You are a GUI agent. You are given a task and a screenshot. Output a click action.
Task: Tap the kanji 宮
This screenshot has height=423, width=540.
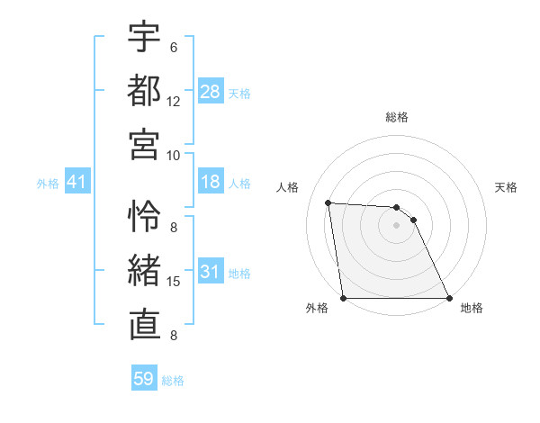144,143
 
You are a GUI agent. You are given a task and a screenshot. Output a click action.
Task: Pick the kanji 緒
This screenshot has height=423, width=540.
144,269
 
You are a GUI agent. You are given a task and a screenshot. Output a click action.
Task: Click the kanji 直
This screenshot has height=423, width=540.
144,323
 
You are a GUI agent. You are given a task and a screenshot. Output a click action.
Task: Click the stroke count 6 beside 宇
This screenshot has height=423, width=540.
174,48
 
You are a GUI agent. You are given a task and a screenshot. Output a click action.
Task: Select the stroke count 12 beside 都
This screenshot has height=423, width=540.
174,101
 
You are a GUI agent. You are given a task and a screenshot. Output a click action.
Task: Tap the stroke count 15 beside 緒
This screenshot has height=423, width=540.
174,282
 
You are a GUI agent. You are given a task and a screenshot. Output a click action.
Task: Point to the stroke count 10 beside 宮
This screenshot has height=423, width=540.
174,154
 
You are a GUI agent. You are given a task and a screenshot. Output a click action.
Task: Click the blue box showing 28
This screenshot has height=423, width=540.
211,91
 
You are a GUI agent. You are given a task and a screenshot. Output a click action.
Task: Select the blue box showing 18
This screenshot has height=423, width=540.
211,182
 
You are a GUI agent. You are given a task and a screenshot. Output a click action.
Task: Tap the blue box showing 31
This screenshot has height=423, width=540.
211,272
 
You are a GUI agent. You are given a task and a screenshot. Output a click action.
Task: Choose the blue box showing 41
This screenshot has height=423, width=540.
76,182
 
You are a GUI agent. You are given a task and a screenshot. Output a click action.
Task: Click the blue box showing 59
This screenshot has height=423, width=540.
144,379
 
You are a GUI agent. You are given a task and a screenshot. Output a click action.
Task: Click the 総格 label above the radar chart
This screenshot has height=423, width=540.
397,117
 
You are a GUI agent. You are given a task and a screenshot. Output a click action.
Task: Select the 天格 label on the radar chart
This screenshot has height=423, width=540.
506,187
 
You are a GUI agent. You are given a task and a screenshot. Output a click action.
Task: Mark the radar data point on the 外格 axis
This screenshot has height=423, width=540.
343,298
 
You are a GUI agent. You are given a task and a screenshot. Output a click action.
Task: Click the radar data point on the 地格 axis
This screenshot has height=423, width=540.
449,298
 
